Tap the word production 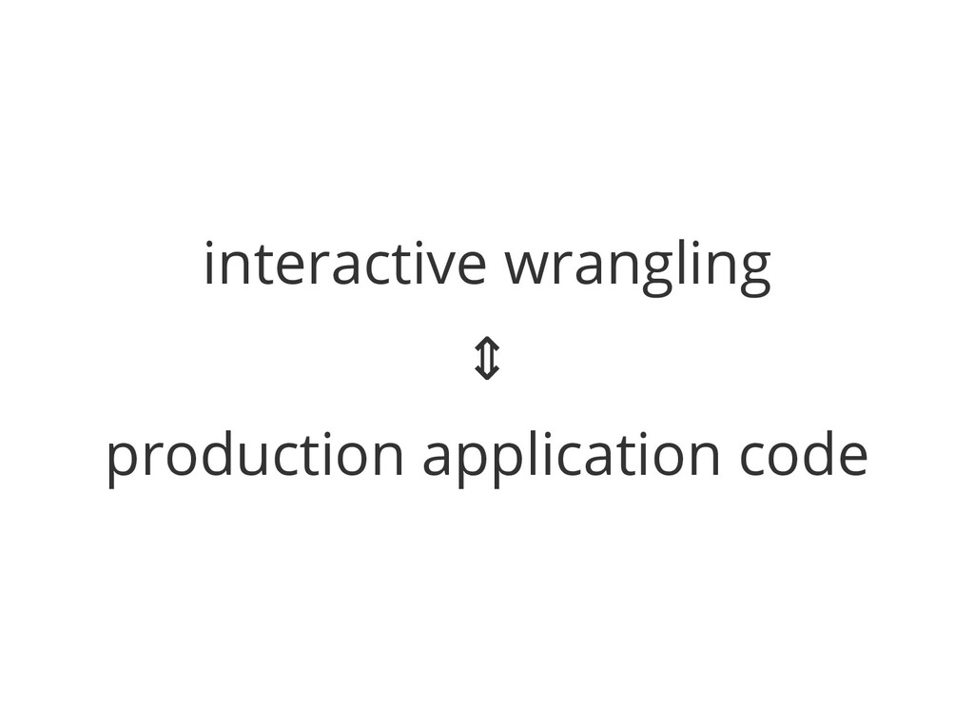pos(255,457)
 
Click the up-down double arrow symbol pos(486,361)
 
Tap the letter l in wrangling pos(685,262)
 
